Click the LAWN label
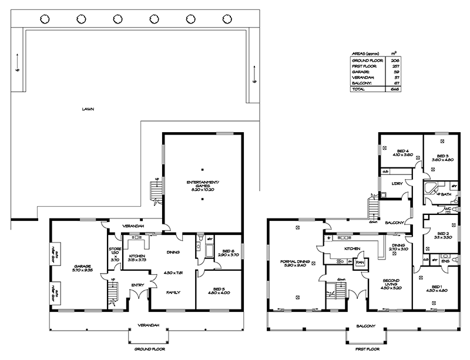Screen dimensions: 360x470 pos(89,109)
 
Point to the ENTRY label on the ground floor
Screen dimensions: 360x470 pos(138,285)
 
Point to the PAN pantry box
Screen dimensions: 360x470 pos(358,263)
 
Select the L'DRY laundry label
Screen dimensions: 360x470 pos(397,184)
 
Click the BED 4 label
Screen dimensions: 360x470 pos(401,152)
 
